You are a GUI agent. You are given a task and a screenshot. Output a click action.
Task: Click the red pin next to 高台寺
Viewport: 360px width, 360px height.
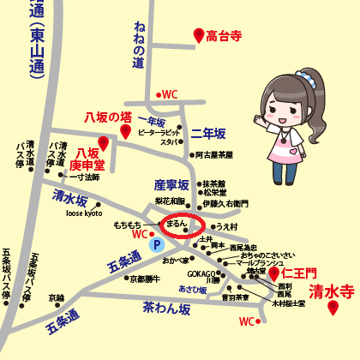click(199, 35)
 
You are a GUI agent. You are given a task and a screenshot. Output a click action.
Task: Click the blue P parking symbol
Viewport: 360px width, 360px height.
click(156, 244)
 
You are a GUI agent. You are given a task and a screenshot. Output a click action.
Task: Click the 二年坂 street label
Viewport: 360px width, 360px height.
click(208, 135)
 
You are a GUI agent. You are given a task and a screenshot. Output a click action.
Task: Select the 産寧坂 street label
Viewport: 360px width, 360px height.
click(171, 184)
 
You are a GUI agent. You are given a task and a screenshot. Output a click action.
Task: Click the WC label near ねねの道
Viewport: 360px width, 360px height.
click(169, 95)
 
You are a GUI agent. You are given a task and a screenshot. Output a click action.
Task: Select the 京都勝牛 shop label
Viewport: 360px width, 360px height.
click(144, 278)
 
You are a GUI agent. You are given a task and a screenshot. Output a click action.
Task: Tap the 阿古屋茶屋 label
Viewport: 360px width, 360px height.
click(213, 155)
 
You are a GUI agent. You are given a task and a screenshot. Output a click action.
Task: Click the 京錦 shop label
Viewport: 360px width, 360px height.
click(56, 297)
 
